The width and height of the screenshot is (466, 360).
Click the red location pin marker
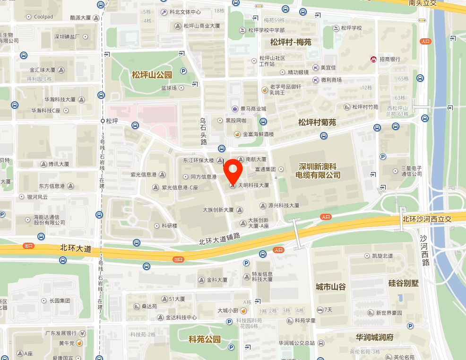[x=233, y=171]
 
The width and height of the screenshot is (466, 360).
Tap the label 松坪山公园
[x=152, y=75]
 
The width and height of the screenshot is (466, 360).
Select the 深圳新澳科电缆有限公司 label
[x=318, y=171]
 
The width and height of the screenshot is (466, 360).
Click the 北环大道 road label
[x=76, y=248]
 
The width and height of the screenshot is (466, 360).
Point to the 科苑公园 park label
[x=205, y=339]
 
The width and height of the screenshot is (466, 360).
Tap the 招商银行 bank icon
[x=373, y=59]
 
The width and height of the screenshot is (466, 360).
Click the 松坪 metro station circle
[x=103, y=121]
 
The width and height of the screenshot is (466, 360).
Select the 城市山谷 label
[x=331, y=287]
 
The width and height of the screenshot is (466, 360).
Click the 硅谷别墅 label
[x=403, y=283]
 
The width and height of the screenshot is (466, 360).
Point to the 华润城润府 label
[x=375, y=337]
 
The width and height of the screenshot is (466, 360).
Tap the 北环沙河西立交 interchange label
[x=427, y=219]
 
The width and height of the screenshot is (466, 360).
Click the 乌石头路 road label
[x=204, y=132]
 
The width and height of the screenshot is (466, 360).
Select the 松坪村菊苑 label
[x=317, y=123]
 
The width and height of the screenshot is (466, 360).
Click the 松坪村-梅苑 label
[x=291, y=42]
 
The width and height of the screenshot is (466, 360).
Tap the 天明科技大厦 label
[x=253, y=185]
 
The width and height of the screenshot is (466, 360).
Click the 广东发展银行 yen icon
[x=82, y=333]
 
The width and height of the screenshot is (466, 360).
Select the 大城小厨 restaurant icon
[x=243, y=311]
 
